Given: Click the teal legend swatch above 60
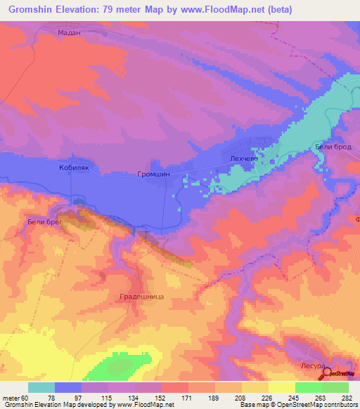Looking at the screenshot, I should tap(41, 387).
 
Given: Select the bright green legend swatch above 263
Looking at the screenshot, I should tap(309, 387).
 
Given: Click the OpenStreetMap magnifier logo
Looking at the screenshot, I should tap(326, 373).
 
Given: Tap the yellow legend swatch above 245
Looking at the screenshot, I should tap(282, 387).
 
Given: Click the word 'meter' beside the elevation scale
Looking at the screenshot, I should tap(12, 397).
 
